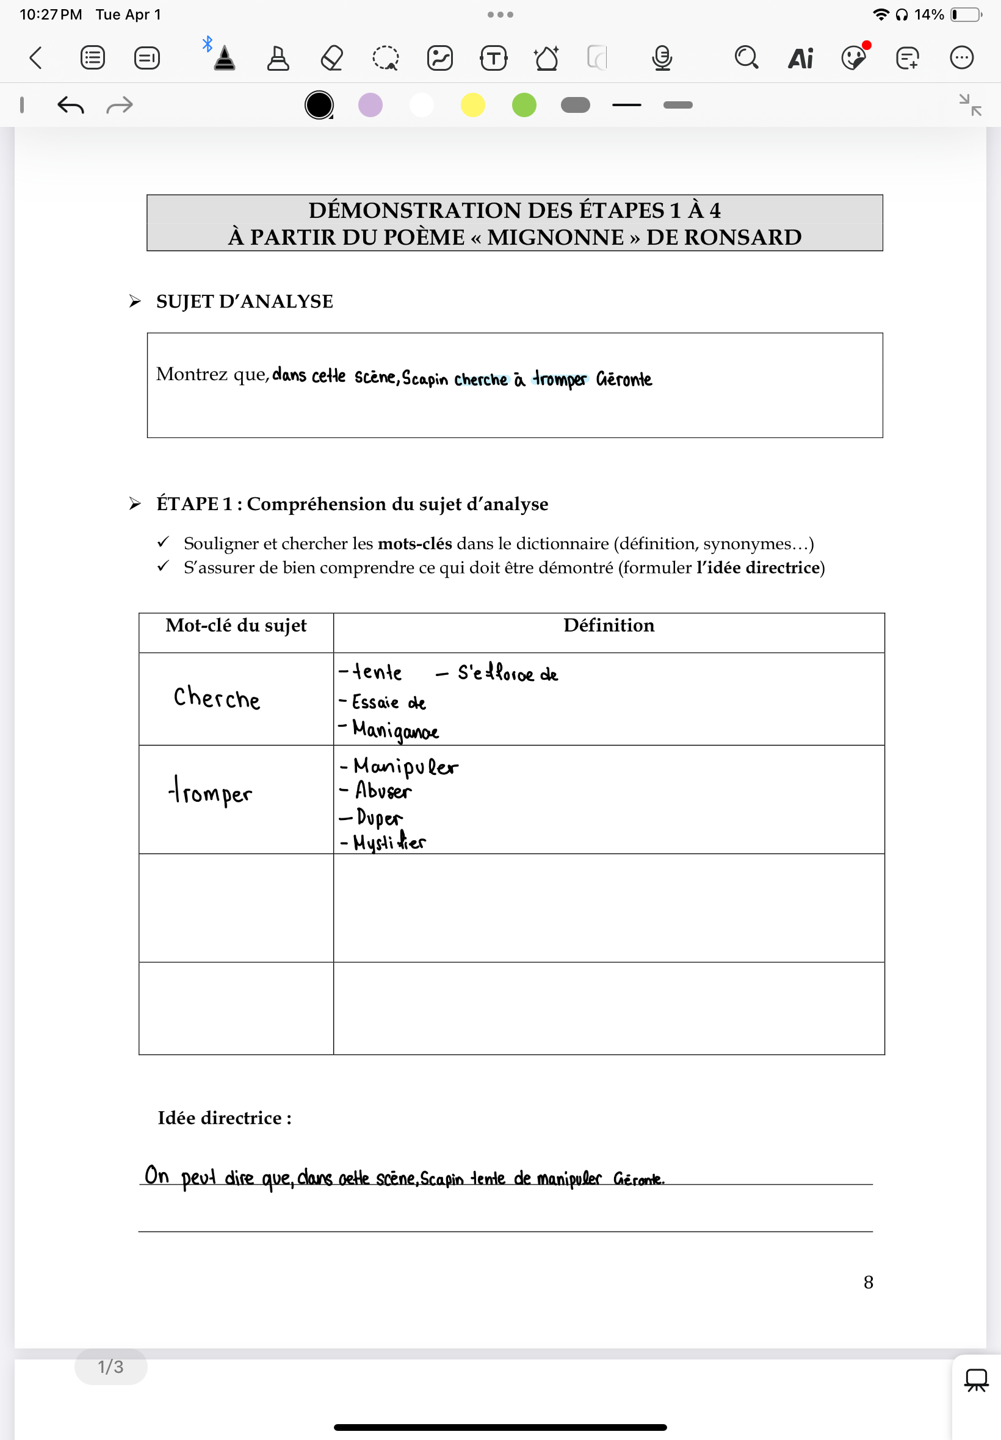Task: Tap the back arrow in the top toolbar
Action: (36, 58)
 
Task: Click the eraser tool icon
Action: (332, 59)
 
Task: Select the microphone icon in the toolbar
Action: (662, 59)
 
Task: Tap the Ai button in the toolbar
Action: (800, 59)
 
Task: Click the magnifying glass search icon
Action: (746, 58)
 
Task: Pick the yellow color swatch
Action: (473, 105)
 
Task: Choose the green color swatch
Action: (524, 105)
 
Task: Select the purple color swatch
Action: (370, 105)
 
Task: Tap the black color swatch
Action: (319, 105)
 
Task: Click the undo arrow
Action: (70, 105)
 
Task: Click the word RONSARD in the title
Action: (743, 237)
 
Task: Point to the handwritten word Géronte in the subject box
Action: (624, 380)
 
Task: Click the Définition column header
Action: (609, 625)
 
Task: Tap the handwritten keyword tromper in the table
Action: (211, 792)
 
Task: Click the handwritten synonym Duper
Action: (379, 817)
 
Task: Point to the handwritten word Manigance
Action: (395, 730)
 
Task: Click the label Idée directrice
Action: (225, 1118)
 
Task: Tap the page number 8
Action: (868, 1283)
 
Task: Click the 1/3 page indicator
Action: (110, 1367)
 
